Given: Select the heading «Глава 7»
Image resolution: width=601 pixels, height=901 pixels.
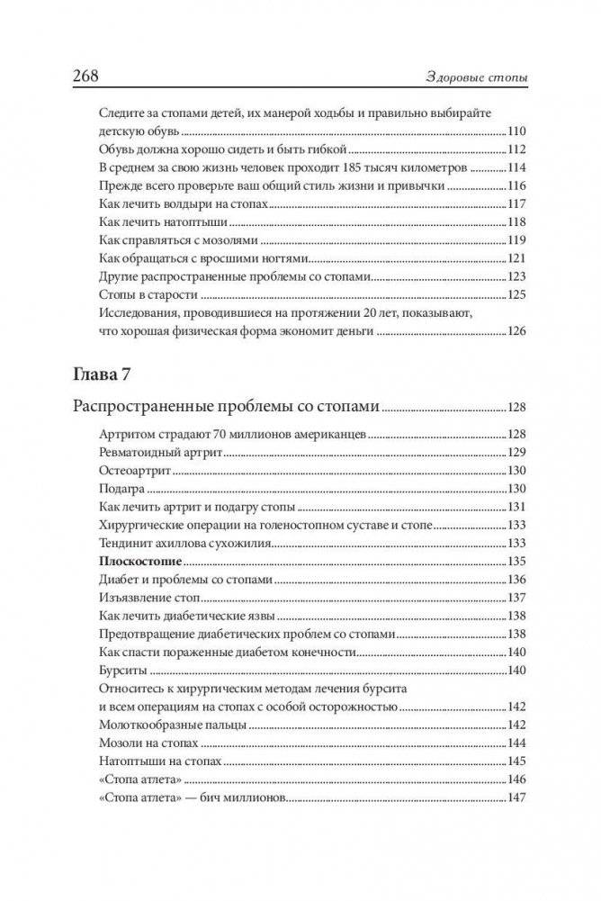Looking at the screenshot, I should coord(105,370).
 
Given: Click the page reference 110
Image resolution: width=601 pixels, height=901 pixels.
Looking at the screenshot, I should coord(517,131).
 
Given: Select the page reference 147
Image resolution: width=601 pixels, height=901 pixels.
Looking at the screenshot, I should coord(517,798).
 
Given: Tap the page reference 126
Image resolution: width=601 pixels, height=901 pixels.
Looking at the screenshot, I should coord(517,332).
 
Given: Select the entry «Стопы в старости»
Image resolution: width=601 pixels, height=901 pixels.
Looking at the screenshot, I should coord(141,294).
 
